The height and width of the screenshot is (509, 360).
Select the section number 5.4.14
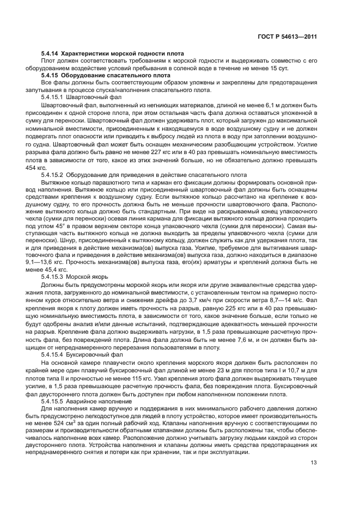pos(50,54)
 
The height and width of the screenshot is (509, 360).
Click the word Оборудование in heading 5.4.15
pos(88,75)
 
